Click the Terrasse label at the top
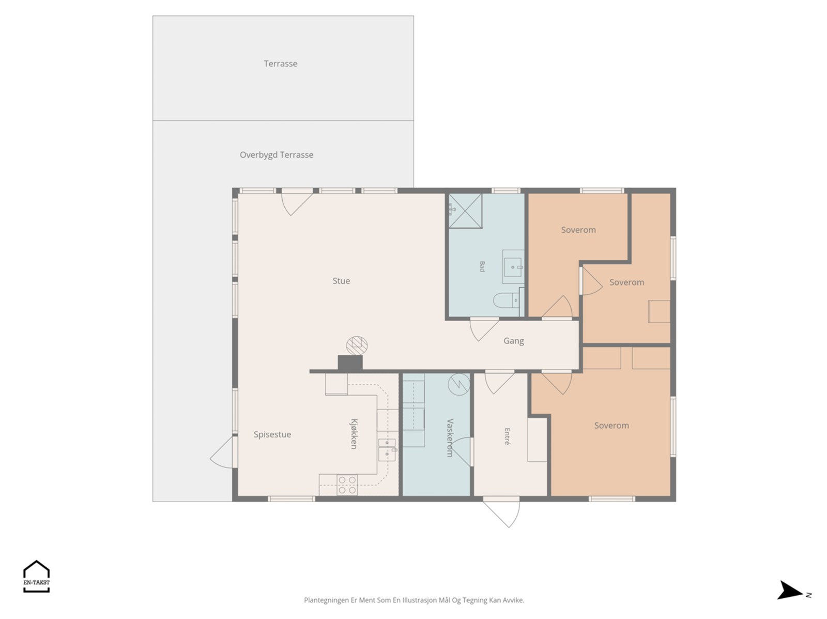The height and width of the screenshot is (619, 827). (280, 64)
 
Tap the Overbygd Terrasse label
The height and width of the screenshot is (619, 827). (277, 155)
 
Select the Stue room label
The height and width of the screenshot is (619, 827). (341, 281)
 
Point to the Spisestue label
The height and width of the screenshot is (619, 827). (272, 435)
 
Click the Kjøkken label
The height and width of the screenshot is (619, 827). (354, 434)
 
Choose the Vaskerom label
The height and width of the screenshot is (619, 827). (450, 437)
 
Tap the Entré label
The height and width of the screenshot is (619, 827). (507, 436)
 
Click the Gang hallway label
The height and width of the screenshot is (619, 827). (514, 341)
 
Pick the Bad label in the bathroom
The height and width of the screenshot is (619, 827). (482, 266)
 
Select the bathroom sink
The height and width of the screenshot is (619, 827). (513, 267)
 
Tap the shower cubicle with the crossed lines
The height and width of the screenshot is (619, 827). (465, 211)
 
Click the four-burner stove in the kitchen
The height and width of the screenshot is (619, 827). (347, 485)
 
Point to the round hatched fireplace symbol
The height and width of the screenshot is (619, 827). (357, 346)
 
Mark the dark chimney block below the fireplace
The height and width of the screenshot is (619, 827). (350, 363)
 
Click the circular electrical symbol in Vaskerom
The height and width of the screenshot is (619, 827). (460, 385)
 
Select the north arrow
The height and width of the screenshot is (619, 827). (790, 591)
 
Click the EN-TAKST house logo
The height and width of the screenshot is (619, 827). (37, 576)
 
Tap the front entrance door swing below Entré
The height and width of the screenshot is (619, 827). (501, 514)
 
